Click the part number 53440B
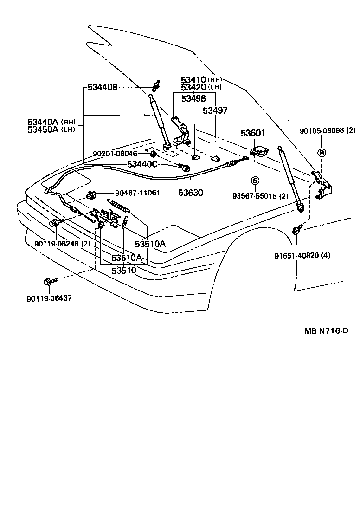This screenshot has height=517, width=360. coord(105,87)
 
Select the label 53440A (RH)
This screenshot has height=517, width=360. coord(51,122)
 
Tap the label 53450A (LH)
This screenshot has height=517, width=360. coord(51,129)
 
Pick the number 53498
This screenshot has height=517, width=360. coord(193,98)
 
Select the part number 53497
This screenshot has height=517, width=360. coord(216,110)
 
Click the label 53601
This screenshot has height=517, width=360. coord(253,133)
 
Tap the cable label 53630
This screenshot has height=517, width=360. coord(190,192)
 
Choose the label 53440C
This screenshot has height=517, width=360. coord(142,164)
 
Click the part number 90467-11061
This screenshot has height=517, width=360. coord(138,193)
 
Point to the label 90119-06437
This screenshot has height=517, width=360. coord(49,298)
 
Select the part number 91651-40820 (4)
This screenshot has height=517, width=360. coord(302,255)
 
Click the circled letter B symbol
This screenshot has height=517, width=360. coord(321,153)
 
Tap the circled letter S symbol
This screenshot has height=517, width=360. coord(256,180)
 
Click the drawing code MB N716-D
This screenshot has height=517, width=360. coord(326,331)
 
